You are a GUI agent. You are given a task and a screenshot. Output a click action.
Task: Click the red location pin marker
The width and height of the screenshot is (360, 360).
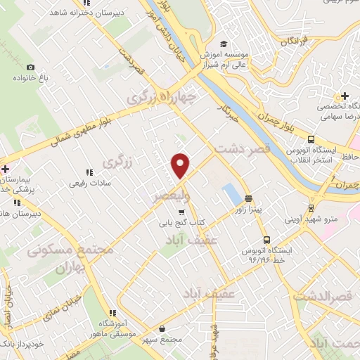(x=181, y=165)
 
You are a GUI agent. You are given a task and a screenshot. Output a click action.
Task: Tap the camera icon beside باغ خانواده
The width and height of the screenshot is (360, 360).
(x=30, y=67)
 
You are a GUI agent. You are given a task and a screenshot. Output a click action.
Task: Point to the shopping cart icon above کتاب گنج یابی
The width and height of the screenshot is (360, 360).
(x=181, y=212)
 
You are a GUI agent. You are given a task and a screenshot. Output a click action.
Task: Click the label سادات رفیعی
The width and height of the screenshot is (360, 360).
(x=87, y=184)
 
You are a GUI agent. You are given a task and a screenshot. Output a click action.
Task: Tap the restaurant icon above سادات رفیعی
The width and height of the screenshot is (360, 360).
(x=89, y=172)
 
